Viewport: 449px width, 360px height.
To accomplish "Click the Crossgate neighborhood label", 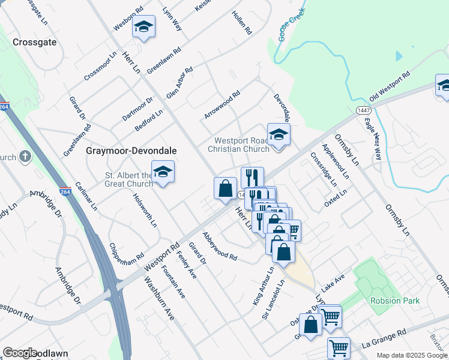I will [x=35, y=43].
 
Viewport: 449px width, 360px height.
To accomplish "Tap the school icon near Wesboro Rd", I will [x=143, y=27].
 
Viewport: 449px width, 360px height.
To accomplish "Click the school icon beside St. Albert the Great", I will [x=163, y=172].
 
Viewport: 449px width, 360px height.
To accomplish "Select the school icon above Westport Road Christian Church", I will [x=279, y=135].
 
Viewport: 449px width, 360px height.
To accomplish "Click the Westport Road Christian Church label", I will [x=239, y=145].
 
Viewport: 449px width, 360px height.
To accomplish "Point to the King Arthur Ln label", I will [x=263, y=287].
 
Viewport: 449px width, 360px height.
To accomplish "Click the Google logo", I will [x=20, y=353].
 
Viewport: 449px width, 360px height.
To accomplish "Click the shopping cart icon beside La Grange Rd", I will [x=339, y=347].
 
